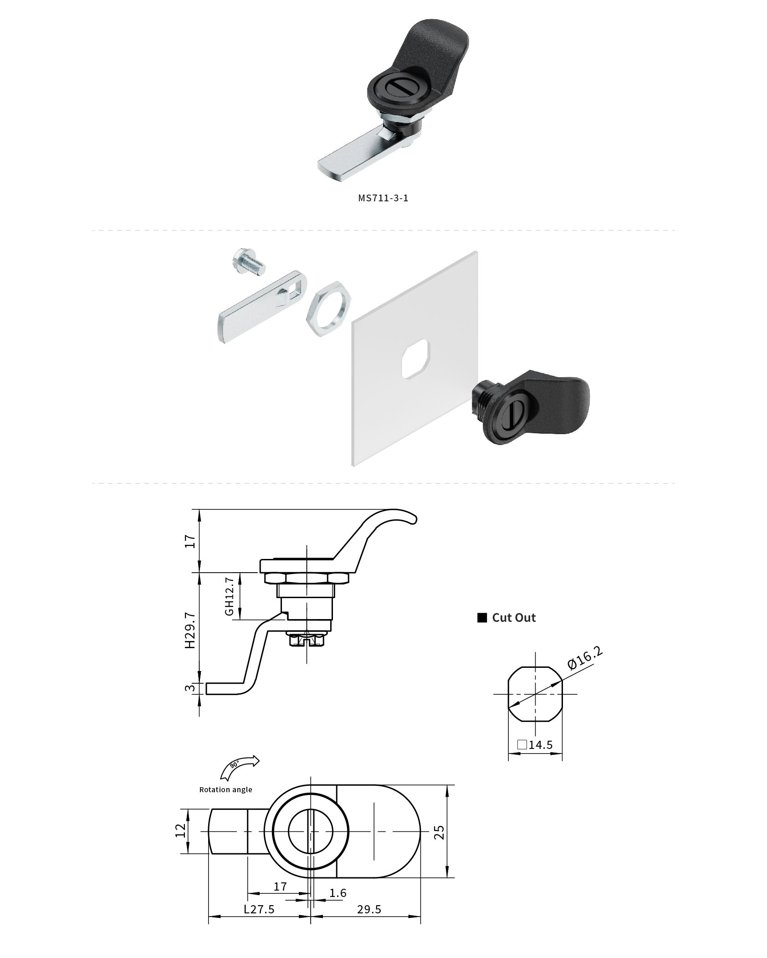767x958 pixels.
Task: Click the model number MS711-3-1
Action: tap(383, 198)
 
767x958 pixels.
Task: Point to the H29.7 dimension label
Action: tap(190, 630)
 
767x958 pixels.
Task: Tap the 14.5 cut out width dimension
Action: tap(540, 745)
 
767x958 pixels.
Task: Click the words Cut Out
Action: tap(514, 618)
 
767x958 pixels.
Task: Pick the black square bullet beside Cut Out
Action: tap(482, 618)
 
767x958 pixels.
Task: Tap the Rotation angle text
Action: tap(225, 789)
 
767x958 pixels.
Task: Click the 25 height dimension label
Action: tap(439, 832)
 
